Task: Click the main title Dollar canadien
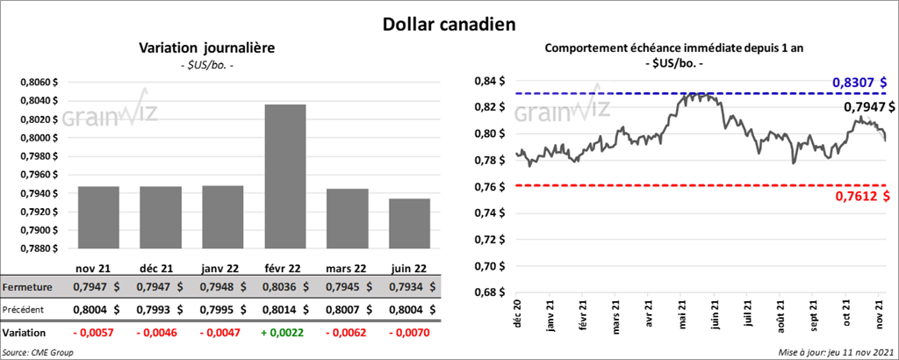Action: (449, 24)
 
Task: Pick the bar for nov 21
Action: (98, 217)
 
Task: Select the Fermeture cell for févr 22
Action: (286, 287)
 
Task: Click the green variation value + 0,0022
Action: (286, 334)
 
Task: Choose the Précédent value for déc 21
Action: (162, 310)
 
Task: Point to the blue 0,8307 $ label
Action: (860, 83)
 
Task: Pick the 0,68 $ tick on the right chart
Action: (491, 292)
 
